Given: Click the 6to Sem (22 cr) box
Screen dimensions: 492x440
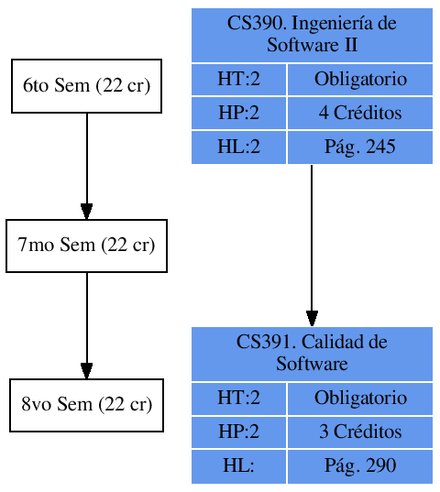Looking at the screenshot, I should [86, 86].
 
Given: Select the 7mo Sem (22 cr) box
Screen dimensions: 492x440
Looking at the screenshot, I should [86, 246].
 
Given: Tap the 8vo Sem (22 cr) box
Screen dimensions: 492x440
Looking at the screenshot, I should [86, 405].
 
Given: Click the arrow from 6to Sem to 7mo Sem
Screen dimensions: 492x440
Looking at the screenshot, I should [86, 166].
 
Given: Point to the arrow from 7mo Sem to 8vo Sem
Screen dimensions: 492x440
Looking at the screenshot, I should [86, 325].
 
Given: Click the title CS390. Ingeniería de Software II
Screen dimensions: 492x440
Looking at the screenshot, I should [312, 35].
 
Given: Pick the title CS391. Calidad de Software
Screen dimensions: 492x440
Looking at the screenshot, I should [312, 353].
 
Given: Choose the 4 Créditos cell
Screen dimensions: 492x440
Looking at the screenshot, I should [360, 114].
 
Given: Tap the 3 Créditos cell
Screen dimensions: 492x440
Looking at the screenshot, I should [360, 432].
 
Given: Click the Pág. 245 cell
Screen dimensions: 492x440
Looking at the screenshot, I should [360, 147].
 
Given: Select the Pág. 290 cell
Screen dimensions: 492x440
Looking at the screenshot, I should [360, 465].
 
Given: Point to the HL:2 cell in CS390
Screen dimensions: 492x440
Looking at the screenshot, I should [238, 147].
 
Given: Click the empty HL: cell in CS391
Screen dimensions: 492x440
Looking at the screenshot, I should [238, 465].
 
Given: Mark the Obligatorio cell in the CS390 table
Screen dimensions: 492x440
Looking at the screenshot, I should [360, 80].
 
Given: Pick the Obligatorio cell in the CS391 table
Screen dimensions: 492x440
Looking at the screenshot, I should [360, 398].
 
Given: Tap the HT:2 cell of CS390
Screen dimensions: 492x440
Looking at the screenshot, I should [238, 80].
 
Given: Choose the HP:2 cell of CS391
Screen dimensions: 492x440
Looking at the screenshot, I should [238, 432].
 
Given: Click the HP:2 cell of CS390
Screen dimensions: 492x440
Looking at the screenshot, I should [238, 114].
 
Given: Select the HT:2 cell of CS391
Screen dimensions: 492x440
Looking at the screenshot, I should [238, 398].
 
